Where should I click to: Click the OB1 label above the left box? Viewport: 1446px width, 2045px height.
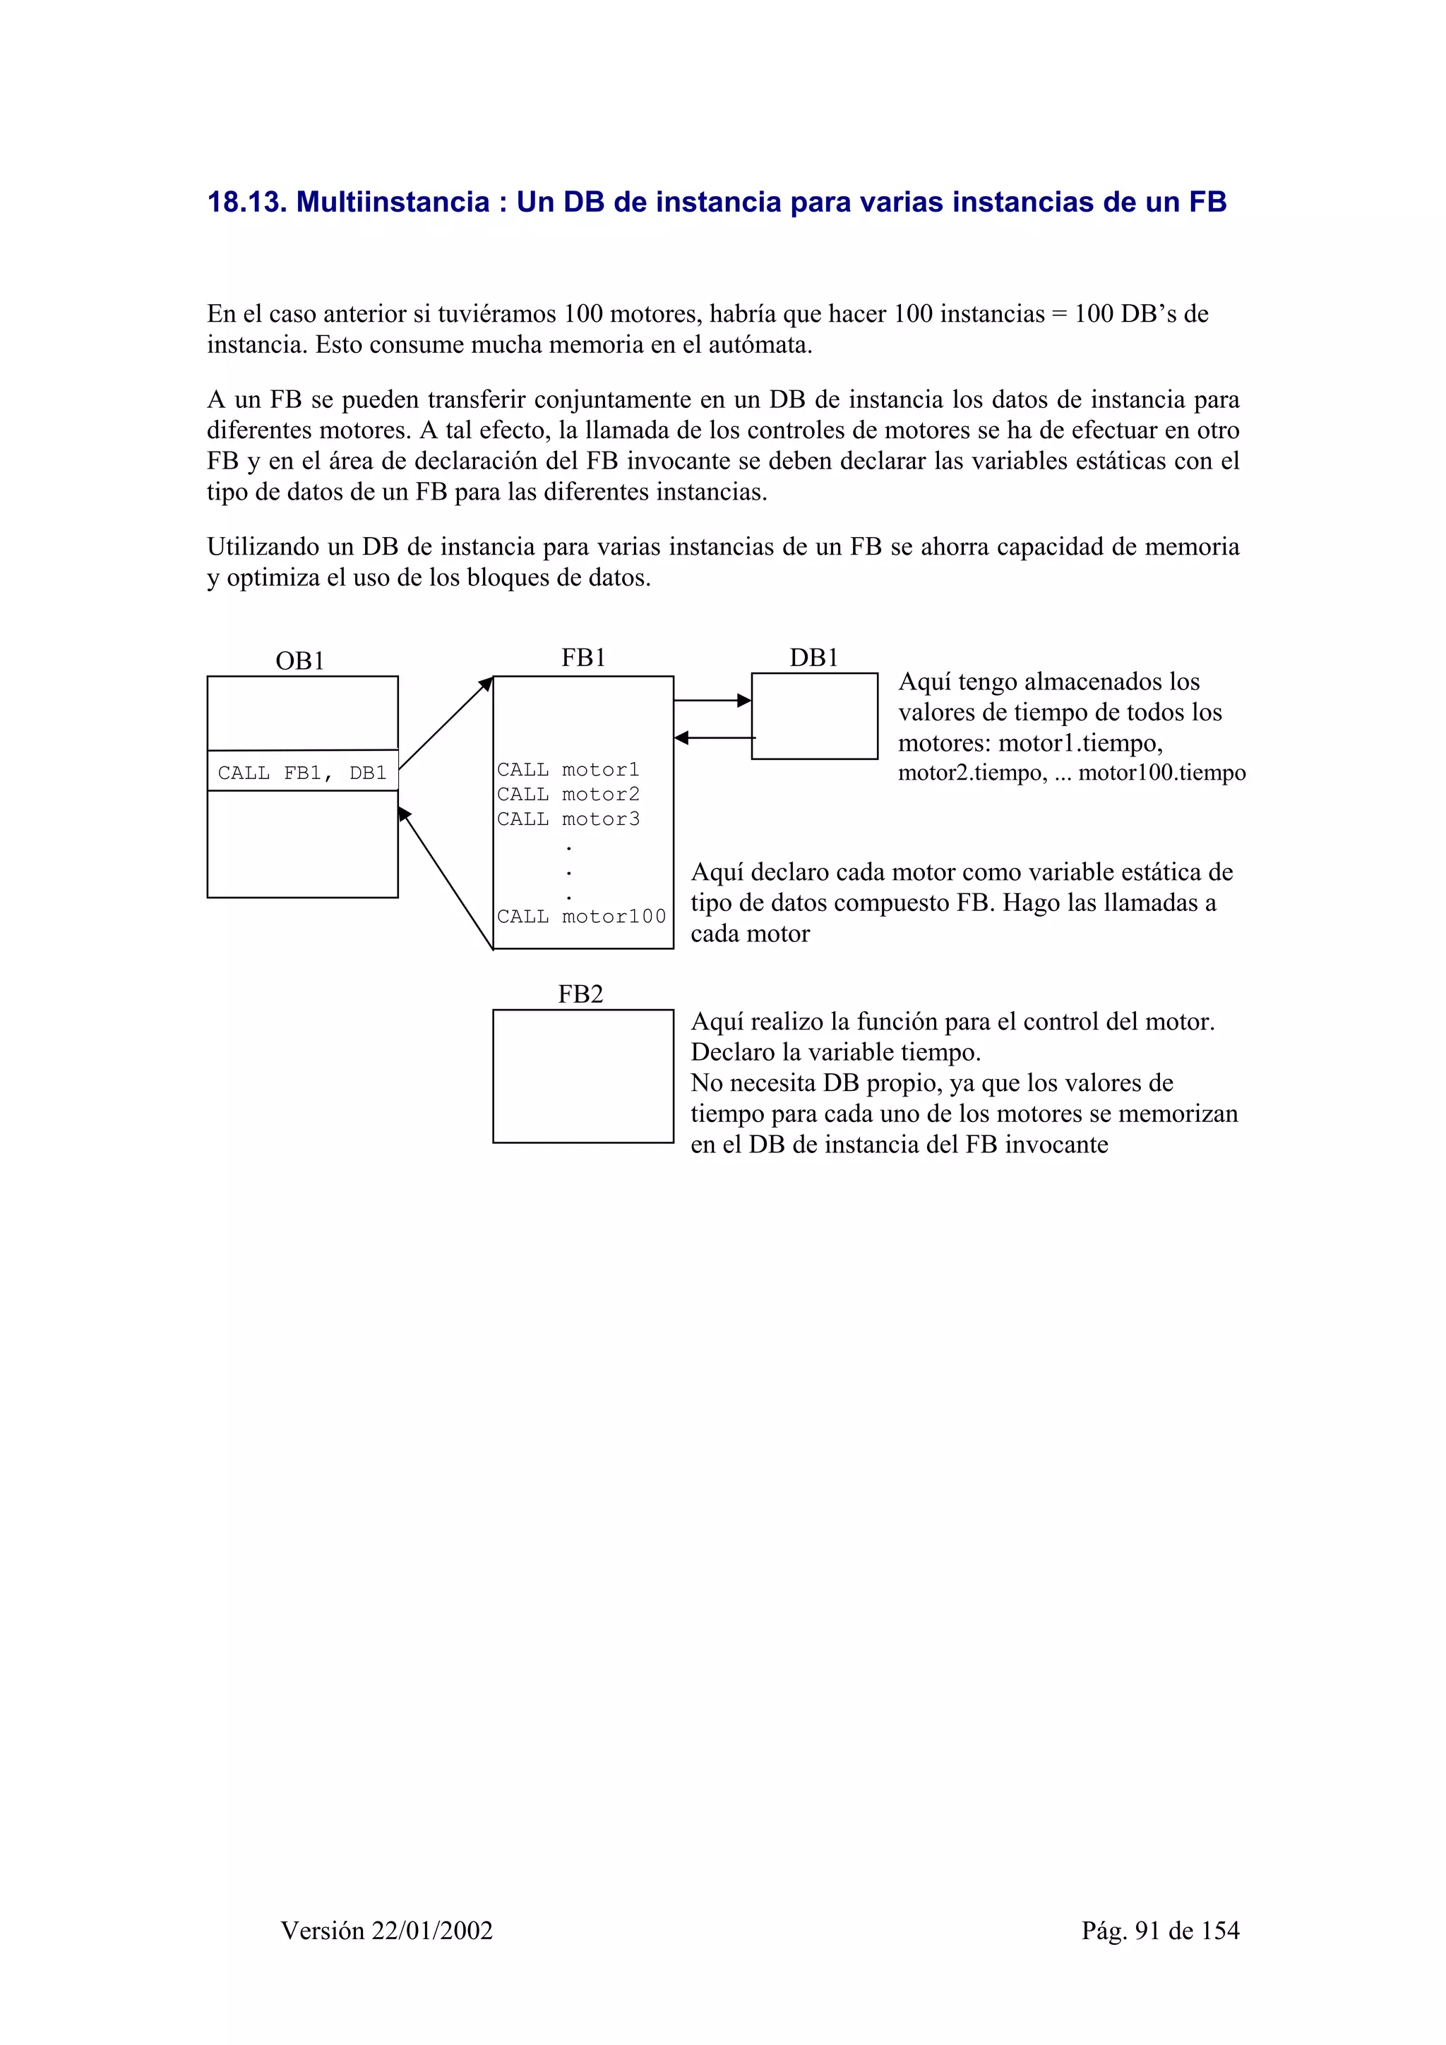pyautogui.click(x=299, y=661)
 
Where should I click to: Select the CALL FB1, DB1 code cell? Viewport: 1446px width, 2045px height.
pyautogui.click(x=302, y=772)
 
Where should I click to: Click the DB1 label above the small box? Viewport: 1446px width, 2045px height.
pyautogui.click(x=813, y=658)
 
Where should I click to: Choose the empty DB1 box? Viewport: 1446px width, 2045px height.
pyautogui.click(x=814, y=716)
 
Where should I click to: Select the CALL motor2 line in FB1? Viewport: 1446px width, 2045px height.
pyautogui.click(x=568, y=795)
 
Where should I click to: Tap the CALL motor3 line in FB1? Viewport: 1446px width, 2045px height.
pyautogui.click(x=568, y=819)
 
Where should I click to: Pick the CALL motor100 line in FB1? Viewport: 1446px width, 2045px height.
pyautogui.click(x=581, y=917)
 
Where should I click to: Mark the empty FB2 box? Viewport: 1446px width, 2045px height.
pyautogui.click(x=582, y=1076)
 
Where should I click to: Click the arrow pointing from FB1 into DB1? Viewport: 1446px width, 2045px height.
pyautogui.click(x=712, y=701)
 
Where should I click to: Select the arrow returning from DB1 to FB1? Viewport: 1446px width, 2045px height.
pyautogui.click(x=715, y=737)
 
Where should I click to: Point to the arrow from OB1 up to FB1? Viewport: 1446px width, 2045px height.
pyautogui.click(x=446, y=723)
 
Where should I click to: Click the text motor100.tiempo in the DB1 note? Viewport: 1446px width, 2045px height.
pyautogui.click(x=1161, y=773)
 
